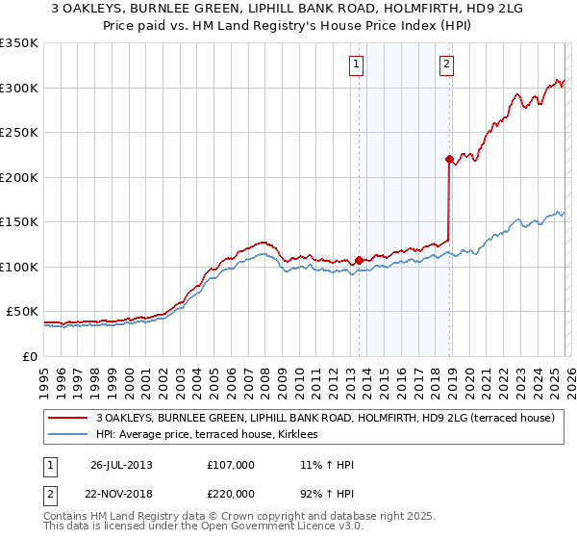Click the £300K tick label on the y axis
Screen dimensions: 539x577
[19, 88]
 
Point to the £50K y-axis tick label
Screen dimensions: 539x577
[22, 312]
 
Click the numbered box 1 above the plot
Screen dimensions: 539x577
[356, 64]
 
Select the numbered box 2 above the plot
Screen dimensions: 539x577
[447, 64]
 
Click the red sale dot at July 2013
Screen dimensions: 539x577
[359, 260]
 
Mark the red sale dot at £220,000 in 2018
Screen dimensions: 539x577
[449, 159]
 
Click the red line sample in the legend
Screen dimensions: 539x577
[68, 419]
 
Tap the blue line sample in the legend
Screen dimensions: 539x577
[68, 435]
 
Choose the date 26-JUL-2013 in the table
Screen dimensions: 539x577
[121, 465]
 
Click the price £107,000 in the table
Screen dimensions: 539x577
[230, 465]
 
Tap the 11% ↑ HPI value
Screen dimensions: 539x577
[327, 465]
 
